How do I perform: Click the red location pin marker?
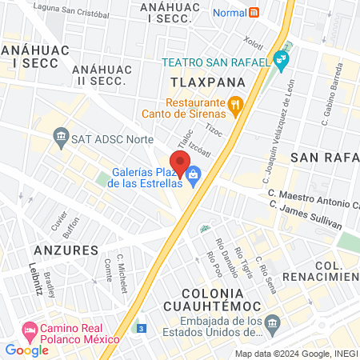tap(180, 163)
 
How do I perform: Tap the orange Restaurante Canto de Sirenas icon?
tap(235, 103)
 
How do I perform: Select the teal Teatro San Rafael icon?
tap(280, 59)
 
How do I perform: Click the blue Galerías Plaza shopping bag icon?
tap(194, 173)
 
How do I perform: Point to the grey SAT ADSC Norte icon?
tap(61, 138)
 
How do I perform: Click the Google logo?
tap(27, 350)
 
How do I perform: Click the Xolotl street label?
tap(254, 39)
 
